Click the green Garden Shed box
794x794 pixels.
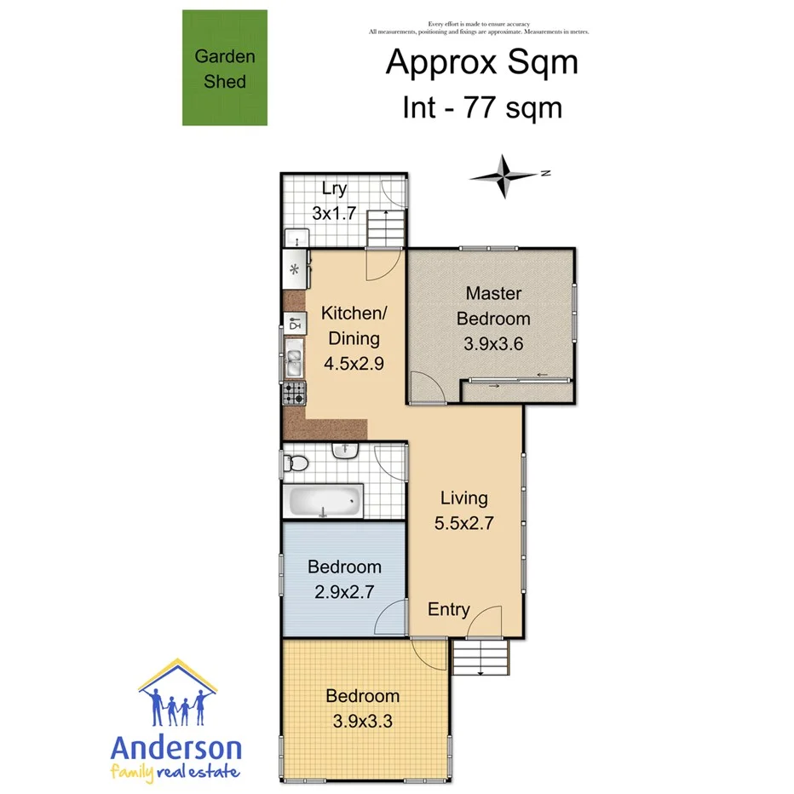click(x=225, y=68)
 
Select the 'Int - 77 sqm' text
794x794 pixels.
click(x=481, y=108)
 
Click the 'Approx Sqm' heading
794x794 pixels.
click(x=481, y=63)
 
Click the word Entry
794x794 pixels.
click(x=448, y=609)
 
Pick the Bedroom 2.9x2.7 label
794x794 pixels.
click(x=344, y=579)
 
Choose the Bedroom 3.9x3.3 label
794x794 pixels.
click(x=362, y=709)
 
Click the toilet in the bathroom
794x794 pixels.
click(x=296, y=463)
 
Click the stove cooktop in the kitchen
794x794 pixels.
click(x=295, y=393)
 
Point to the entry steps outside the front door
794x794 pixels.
click(x=480, y=657)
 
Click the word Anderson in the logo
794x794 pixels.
click(x=176, y=749)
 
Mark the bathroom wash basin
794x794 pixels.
click(x=346, y=451)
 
